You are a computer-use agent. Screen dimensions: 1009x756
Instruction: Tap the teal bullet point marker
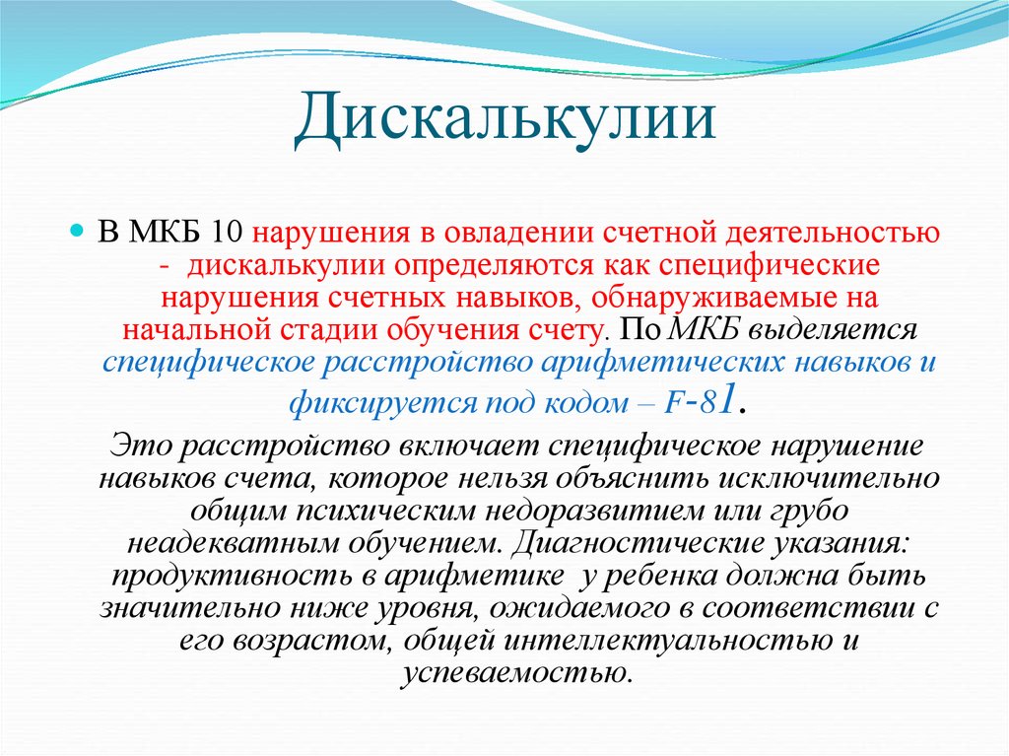77,230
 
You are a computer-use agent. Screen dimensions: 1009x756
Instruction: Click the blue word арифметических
663,363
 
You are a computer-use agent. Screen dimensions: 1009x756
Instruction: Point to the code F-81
700,401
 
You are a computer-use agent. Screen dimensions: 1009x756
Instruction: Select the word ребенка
654,576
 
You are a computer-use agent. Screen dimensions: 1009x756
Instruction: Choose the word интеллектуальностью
663,641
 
